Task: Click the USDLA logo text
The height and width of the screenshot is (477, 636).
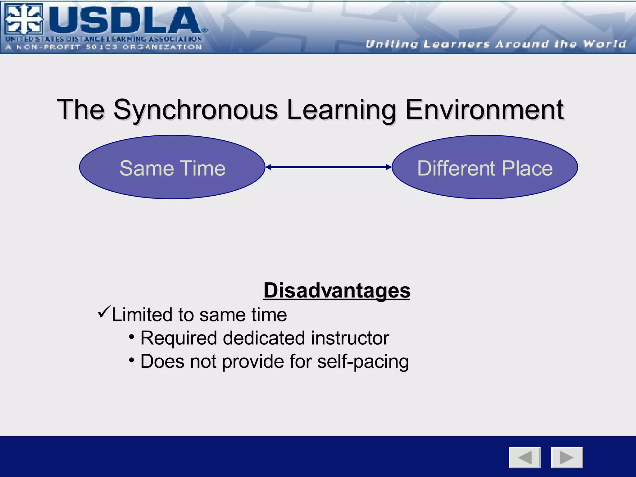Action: (x=124, y=20)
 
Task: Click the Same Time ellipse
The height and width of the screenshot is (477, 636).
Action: (x=172, y=167)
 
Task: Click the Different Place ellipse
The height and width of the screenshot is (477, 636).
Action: (x=485, y=167)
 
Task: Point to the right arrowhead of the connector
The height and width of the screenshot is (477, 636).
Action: (x=389, y=167)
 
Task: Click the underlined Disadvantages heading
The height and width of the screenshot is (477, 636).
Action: (x=337, y=290)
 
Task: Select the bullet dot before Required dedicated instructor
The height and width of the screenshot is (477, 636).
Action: (x=132, y=337)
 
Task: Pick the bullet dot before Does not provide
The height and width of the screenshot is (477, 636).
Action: (x=132, y=360)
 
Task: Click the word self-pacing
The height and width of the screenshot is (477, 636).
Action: (x=363, y=362)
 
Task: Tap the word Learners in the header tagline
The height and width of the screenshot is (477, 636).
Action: (x=457, y=44)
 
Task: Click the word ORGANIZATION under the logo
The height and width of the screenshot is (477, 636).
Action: (x=162, y=47)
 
